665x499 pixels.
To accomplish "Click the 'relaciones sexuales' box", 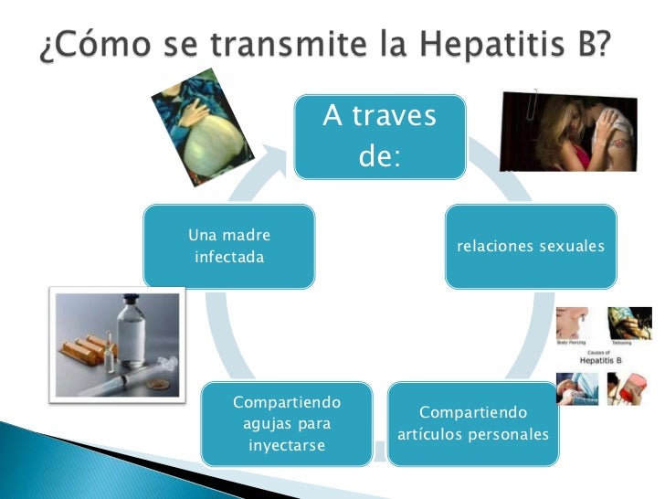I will [x=530, y=247].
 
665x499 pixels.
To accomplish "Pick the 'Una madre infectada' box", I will [x=229, y=247].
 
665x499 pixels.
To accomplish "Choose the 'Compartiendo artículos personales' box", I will [x=472, y=423].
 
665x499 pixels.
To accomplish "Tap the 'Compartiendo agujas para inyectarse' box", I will [x=287, y=423].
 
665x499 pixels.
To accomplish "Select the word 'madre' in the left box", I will [x=247, y=236].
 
